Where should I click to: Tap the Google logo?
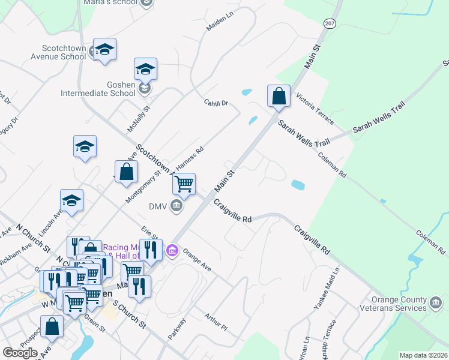pos(20,353)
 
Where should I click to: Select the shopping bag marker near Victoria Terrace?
pos(279,96)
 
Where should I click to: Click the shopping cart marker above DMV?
pos(184,184)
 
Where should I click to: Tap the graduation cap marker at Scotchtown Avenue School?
pos(104,50)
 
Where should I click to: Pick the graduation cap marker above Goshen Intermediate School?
pos(145,70)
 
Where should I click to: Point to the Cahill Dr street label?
pos(216,103)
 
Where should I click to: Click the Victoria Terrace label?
pos(315,109)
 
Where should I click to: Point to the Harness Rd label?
pos(190,158)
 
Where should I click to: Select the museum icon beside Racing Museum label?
pos(172,250)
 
